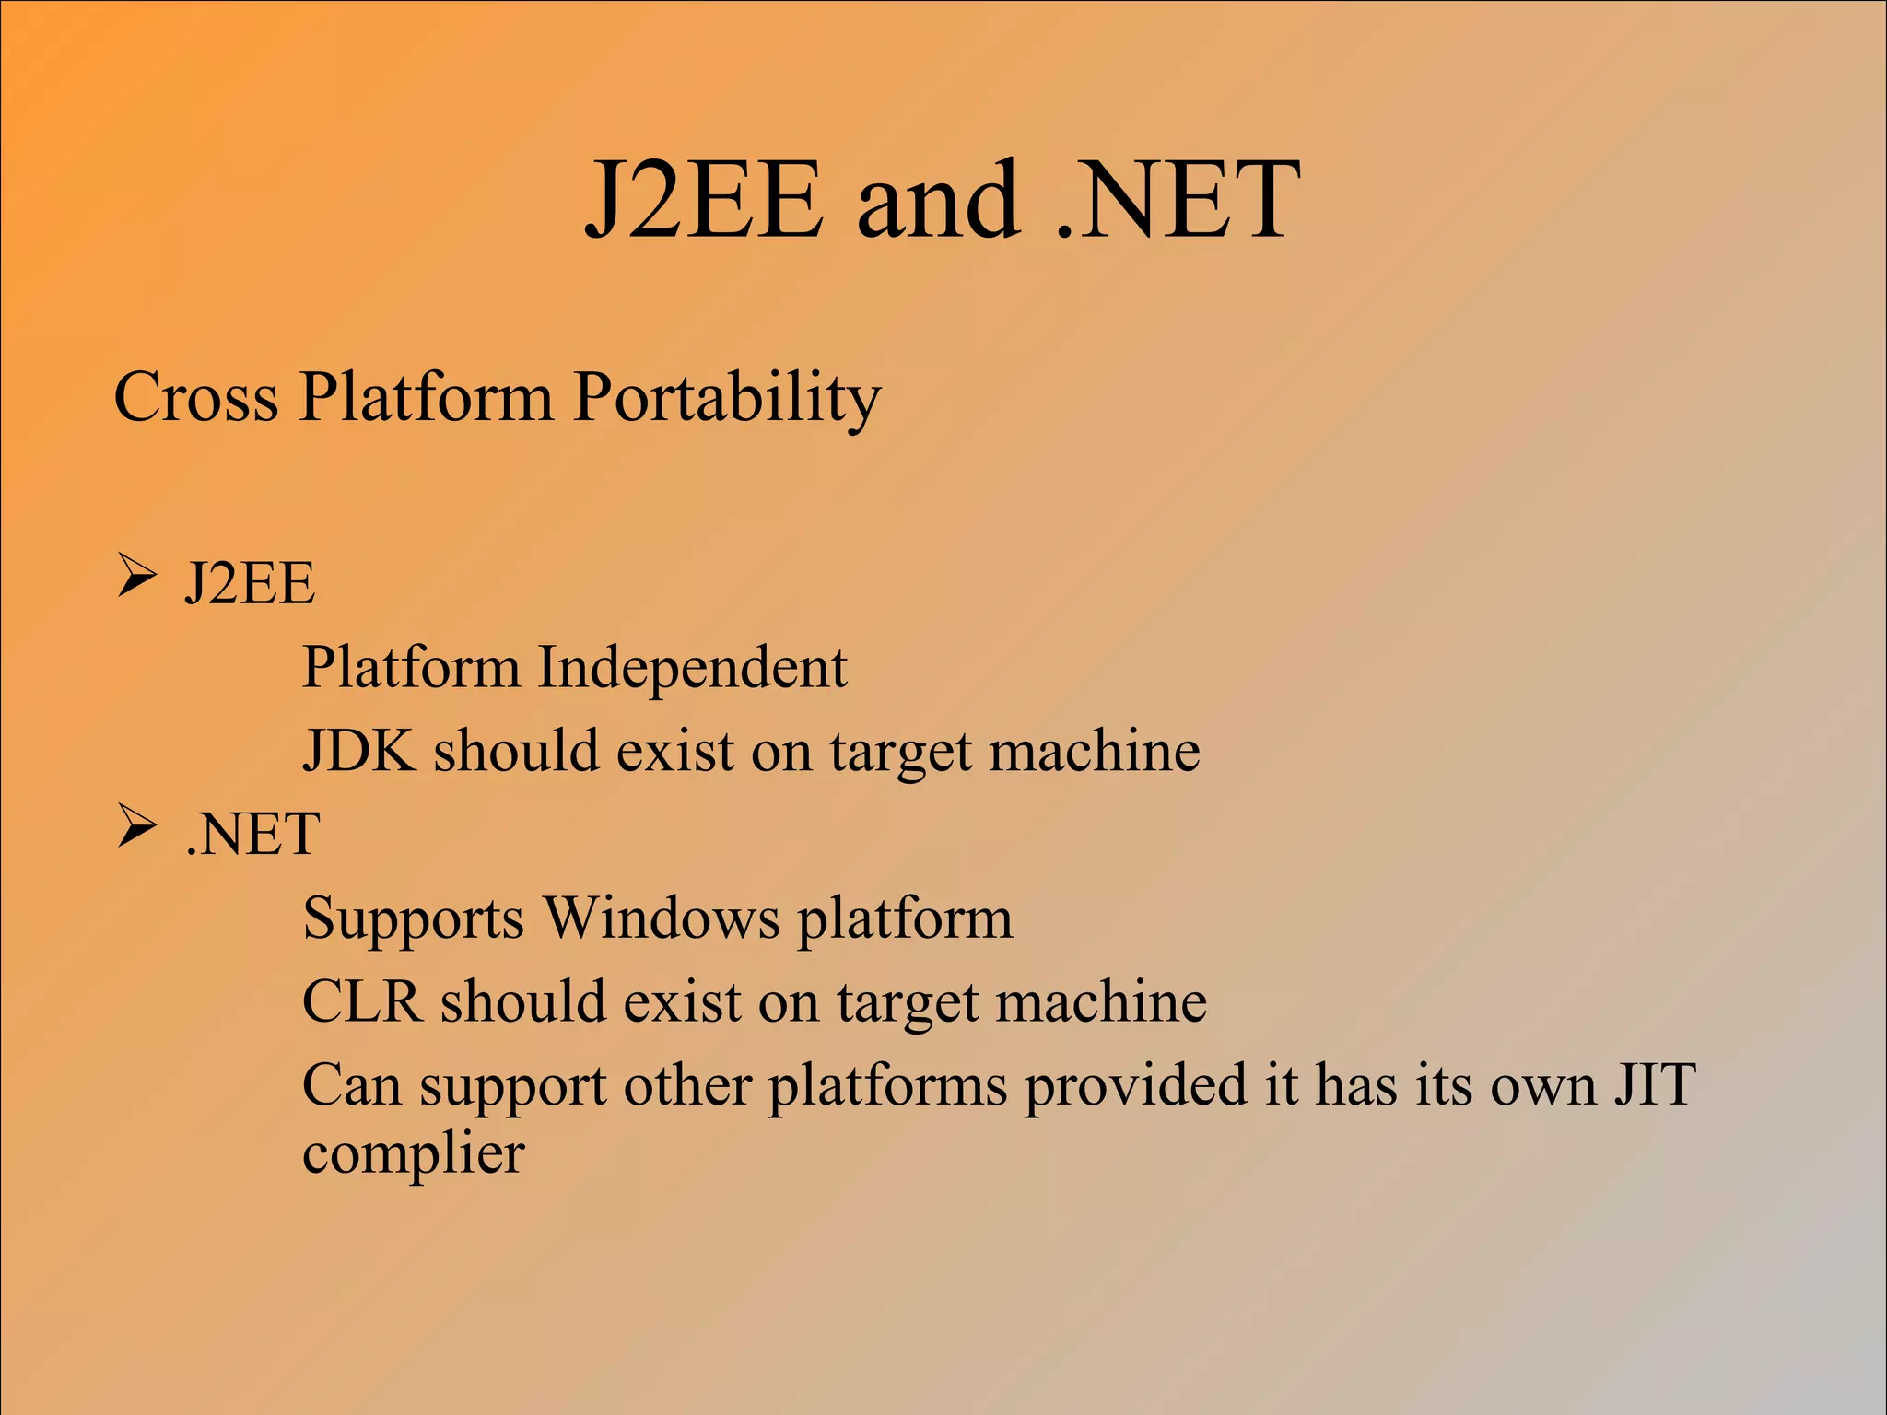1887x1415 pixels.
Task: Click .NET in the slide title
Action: (1178, 199)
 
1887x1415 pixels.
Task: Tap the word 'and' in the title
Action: (938, 199)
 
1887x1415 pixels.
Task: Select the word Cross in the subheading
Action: (195, 397)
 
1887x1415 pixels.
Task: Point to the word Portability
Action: (727, 397)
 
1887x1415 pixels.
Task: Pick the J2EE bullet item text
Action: (250, 583)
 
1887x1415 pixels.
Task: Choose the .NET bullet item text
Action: (252, 833)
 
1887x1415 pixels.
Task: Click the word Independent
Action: (692, 667)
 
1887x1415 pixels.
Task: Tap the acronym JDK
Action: (359, 751)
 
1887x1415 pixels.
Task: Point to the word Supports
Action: (413, 918)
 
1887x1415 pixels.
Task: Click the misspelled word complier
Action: (414, 1153)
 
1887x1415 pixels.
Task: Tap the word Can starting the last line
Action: (351, 1085)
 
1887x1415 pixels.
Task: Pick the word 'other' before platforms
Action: (687, 1085)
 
